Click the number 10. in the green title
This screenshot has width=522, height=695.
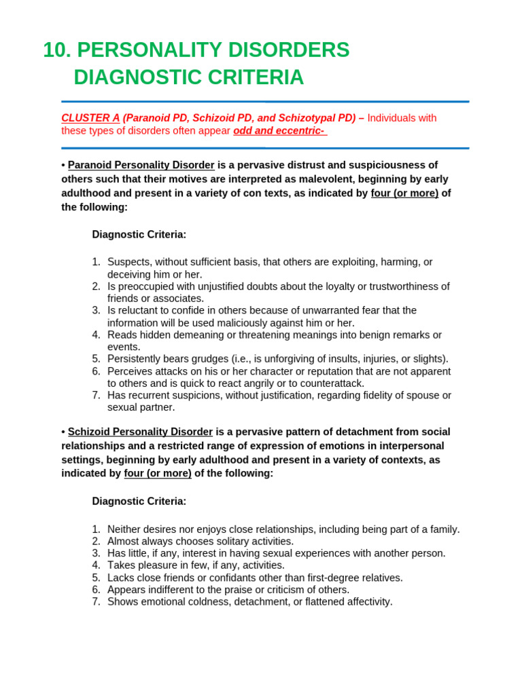point(57,50)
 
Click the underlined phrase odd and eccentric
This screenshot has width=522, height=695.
point(279,130)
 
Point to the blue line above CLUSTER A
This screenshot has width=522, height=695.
point(265,102)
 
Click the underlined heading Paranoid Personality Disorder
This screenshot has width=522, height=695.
point(141,165)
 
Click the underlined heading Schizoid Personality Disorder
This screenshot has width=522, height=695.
point(141,432)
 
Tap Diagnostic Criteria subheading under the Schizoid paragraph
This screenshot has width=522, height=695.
point(139,501)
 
